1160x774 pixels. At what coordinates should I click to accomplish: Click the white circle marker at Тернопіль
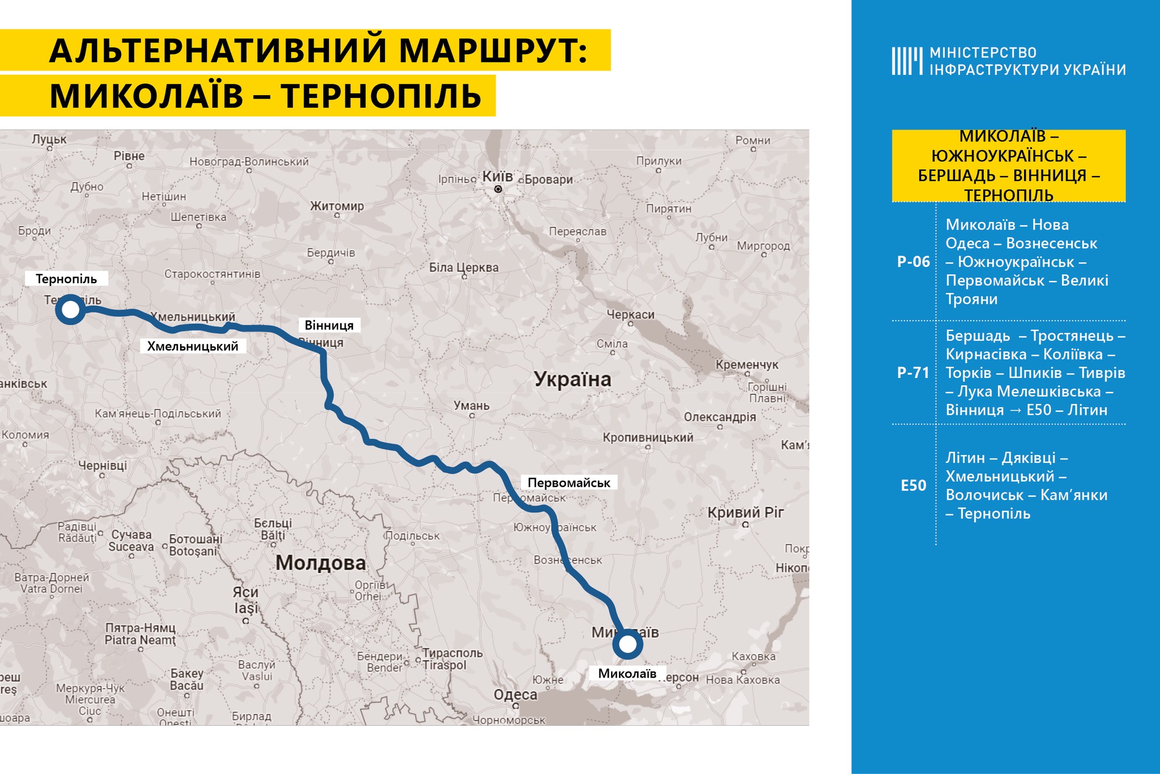(x=70, y=309)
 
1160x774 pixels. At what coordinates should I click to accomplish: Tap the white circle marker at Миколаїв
(x=627, y=644)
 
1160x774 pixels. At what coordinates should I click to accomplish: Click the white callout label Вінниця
(x=329, y=325)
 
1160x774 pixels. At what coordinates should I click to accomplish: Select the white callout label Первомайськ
(x=569, y=483)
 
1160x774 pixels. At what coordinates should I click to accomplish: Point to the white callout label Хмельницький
(x=193, y=346)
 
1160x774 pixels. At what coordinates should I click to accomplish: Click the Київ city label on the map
(x=497, y=177)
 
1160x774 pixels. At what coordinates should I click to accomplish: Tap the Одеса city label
(x=515, y=695)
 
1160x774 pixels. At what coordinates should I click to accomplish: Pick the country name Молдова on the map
(x=321, y=563)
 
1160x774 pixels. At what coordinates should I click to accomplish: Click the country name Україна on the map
(x=573, y=379)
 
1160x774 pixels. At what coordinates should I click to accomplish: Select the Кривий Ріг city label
(x=745, y=512)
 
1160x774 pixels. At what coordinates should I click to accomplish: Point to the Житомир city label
(x=336, y=206)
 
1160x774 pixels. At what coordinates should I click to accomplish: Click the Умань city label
(x=471, y=406)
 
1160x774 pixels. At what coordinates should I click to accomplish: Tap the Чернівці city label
(x=103, y=466)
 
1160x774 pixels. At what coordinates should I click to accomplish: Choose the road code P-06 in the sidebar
(x=913, y=262)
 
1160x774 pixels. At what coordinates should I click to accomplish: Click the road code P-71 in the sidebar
(x=913, y=373)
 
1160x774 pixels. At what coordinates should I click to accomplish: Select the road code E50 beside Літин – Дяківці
(x=913, y=486)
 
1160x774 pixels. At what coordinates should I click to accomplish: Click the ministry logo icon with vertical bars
(x=907, y=61)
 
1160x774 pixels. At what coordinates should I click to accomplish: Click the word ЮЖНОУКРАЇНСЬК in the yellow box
(x=1003, y=156)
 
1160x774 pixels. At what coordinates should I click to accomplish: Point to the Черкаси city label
(x=630, y=314)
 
